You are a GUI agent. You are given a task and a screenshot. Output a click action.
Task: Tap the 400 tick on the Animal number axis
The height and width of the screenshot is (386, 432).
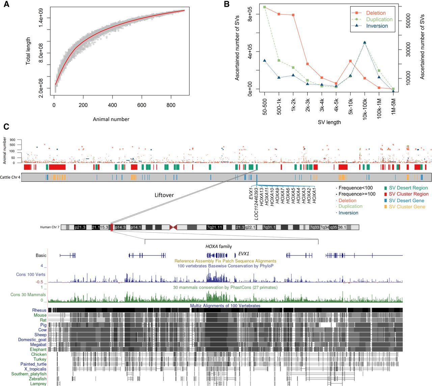point(112,105)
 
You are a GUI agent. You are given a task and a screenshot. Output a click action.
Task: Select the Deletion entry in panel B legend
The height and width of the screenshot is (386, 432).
point(376,13)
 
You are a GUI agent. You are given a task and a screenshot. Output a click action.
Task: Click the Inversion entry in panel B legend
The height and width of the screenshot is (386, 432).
point(377,26)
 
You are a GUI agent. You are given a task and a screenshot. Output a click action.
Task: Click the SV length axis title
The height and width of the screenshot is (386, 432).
point(329,122)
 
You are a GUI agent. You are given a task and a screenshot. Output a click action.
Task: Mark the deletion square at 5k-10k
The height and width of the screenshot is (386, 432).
point(350,61)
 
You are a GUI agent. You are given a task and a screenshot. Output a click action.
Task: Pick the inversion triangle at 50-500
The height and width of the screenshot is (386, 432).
point(265,61)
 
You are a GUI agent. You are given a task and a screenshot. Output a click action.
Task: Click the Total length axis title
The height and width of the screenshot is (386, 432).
point(28,51)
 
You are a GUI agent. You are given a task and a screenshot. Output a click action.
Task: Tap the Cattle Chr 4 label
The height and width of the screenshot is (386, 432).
point(10,177)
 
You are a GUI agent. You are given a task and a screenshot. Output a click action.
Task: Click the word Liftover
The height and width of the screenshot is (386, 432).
point(164,195)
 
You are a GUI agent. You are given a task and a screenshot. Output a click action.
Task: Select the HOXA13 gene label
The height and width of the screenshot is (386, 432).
point(262,200)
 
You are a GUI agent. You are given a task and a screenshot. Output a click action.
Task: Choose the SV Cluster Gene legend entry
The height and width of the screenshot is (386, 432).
point(407,207)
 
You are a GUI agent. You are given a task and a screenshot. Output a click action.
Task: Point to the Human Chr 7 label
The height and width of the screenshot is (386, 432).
point(50,227)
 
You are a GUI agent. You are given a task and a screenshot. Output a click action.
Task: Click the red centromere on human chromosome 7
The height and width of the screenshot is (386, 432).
point(173,228)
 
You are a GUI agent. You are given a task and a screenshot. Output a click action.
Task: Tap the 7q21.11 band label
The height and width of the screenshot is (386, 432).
point(215,228)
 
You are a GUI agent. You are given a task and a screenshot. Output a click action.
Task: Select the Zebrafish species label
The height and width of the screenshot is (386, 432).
point(37,379)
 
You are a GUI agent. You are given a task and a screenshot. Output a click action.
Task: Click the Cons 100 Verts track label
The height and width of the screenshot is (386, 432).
point(31,274)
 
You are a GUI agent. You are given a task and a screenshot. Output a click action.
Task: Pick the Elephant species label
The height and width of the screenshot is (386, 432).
point(38,350)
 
